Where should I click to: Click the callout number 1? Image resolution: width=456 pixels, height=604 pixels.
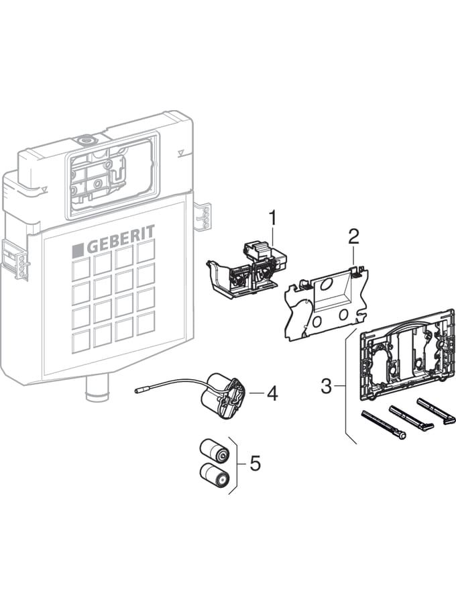[x=272, y=218]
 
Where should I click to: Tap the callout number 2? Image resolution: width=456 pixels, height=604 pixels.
[x=353, y=236]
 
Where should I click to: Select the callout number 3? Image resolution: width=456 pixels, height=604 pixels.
[x=326, y=386]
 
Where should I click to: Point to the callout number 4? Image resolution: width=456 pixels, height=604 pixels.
[x=272, y=393]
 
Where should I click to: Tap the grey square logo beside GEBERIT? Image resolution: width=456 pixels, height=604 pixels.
[x=78, y=249]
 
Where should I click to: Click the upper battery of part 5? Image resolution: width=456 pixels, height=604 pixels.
[x=215, y=451]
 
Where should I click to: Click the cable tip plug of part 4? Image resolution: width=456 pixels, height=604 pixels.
[x=139, y=391]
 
